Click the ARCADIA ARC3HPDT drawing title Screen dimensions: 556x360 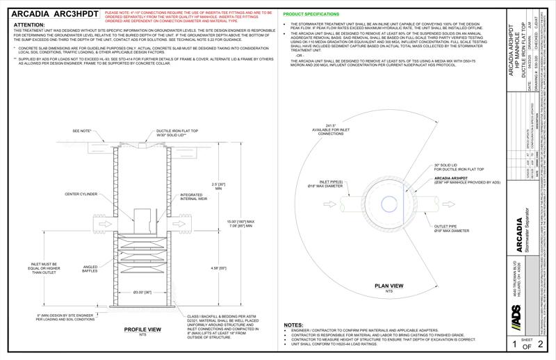point(53,14)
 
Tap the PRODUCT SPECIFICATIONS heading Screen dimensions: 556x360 point(312,14)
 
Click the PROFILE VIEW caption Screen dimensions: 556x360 point(142,329)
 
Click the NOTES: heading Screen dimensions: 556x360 point(294,325)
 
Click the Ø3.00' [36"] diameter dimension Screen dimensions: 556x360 point(143,292)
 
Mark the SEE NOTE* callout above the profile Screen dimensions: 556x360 point(81,131)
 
